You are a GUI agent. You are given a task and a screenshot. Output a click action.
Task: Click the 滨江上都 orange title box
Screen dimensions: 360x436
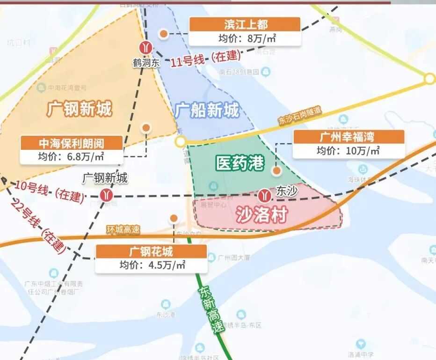tap(244, 24)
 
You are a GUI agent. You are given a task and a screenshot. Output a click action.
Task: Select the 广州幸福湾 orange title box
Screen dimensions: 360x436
tap(348, 137)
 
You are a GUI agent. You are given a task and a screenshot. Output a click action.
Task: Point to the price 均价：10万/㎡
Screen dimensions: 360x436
tap(348, 151)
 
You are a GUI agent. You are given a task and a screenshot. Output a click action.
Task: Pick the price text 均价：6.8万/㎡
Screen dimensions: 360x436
tap(72, 157)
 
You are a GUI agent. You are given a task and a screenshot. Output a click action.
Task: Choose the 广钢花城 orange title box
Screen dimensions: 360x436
tap(151, 251)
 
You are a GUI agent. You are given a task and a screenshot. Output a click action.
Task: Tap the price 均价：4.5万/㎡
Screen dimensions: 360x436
tap(151, 265)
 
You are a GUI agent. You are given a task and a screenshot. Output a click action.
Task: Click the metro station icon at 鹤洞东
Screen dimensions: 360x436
tap(146, 47)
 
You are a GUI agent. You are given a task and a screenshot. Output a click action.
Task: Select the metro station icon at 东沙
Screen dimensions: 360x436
tap(265, 193)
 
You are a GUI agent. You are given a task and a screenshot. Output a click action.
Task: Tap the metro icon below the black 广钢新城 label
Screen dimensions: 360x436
tap(106, 195)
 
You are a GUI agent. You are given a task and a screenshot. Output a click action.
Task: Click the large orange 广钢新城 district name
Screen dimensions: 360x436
tap(79, 109)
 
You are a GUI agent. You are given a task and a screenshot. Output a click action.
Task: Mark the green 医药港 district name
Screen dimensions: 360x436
tap(240, 163)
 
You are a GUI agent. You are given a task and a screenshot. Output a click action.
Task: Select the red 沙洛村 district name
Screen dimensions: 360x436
tap(261, 215)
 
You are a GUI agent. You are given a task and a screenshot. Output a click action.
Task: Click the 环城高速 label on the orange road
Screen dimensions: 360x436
tap(123, 230)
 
